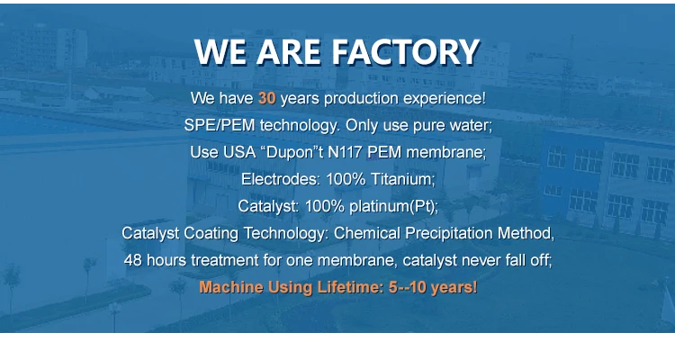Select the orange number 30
[x=266, y=98]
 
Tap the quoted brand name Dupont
[x=293, y=152]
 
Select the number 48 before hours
[x=132, y=260]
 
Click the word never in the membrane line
[x=478, y=260]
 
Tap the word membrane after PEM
[x=445, y=152]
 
